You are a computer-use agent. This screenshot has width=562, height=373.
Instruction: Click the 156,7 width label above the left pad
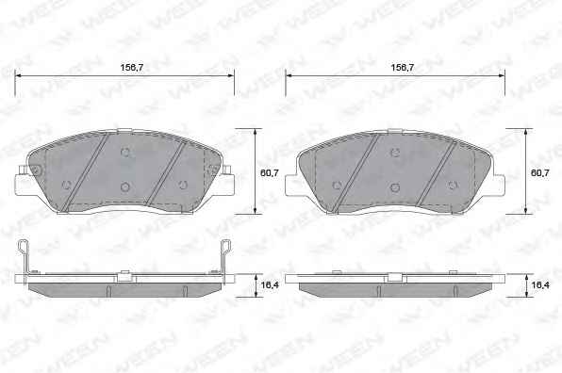(131, 67)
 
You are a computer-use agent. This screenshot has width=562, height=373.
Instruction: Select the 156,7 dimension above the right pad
(402, 67)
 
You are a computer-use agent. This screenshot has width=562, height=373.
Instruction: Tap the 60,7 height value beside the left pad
(270, 173)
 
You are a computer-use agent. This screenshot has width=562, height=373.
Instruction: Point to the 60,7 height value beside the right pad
(539, 173)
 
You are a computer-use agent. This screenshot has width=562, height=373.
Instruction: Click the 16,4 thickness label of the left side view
(270, 285)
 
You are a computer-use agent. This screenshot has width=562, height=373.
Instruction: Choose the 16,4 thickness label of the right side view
(540, 285)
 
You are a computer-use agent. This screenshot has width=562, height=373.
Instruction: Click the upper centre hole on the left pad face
(124, 153)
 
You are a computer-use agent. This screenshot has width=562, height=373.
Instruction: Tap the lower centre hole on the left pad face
(124, 186)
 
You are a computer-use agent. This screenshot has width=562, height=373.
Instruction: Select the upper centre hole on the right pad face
(395, 153)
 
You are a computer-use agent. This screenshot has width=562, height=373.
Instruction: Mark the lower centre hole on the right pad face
(395, 186)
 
